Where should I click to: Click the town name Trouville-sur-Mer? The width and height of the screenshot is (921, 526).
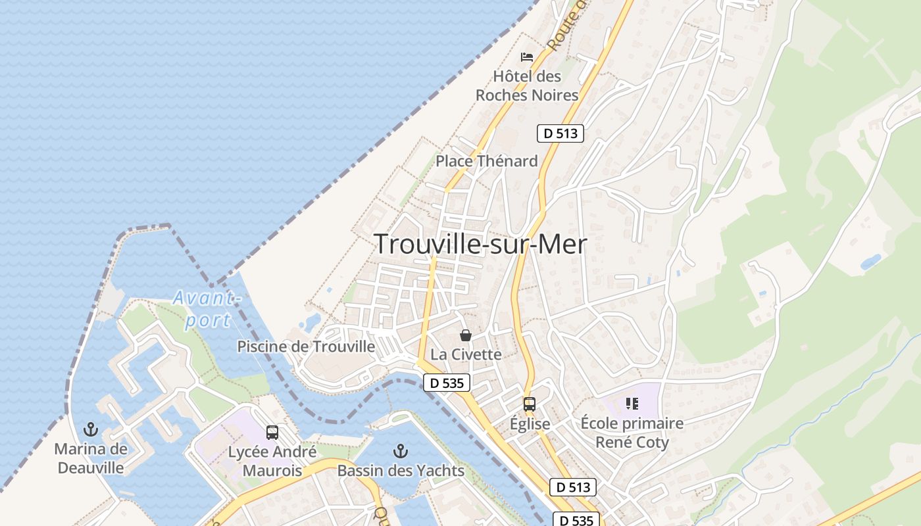(x=480, y=244)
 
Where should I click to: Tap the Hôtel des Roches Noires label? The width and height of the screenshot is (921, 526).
(x=527, y=85)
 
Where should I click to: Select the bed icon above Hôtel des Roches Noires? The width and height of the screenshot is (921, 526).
(x=527, y=57)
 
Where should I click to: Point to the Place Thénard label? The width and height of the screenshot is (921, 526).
(x=487, y=161)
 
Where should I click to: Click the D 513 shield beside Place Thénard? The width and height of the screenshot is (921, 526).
(x=560, y=133)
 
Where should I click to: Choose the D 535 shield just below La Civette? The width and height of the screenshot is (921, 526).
(x=446, y=383)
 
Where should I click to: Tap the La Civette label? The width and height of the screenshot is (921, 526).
(x=466, y=354)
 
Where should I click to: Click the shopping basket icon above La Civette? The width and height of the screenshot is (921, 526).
(x=466, y=335)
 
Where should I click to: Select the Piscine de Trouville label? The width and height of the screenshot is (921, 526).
(x=306, y=347)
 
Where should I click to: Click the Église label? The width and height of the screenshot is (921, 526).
(x=530, y=424)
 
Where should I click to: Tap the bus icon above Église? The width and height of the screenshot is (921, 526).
(x=530, y=404)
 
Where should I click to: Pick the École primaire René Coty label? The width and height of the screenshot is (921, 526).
(x=632, y=433)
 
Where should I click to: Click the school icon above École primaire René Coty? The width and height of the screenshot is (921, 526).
(x=632, y=404)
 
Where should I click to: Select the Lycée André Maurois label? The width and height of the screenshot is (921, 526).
(x=272, y=462)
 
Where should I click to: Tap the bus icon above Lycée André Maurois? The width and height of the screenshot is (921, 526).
(x=272, y=433)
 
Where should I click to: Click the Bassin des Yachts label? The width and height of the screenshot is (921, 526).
(x=401, y=471)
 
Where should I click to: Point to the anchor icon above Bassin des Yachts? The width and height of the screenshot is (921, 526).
(x=400, y=451)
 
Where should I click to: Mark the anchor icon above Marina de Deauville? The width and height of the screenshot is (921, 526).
(x=91, y=430)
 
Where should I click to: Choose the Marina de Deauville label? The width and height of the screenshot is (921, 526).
(x=91, y=458)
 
